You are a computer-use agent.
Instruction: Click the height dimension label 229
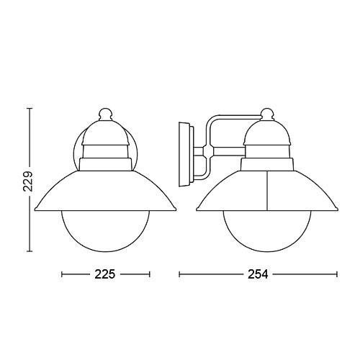coord(28,181)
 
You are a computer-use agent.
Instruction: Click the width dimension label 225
coord(105,274)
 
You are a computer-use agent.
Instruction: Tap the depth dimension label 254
coord(258,274)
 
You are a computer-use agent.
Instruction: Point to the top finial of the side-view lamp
coord(268,114)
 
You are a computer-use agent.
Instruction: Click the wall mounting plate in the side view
coord(185,154)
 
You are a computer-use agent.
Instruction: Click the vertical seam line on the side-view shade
coord(267,191)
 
